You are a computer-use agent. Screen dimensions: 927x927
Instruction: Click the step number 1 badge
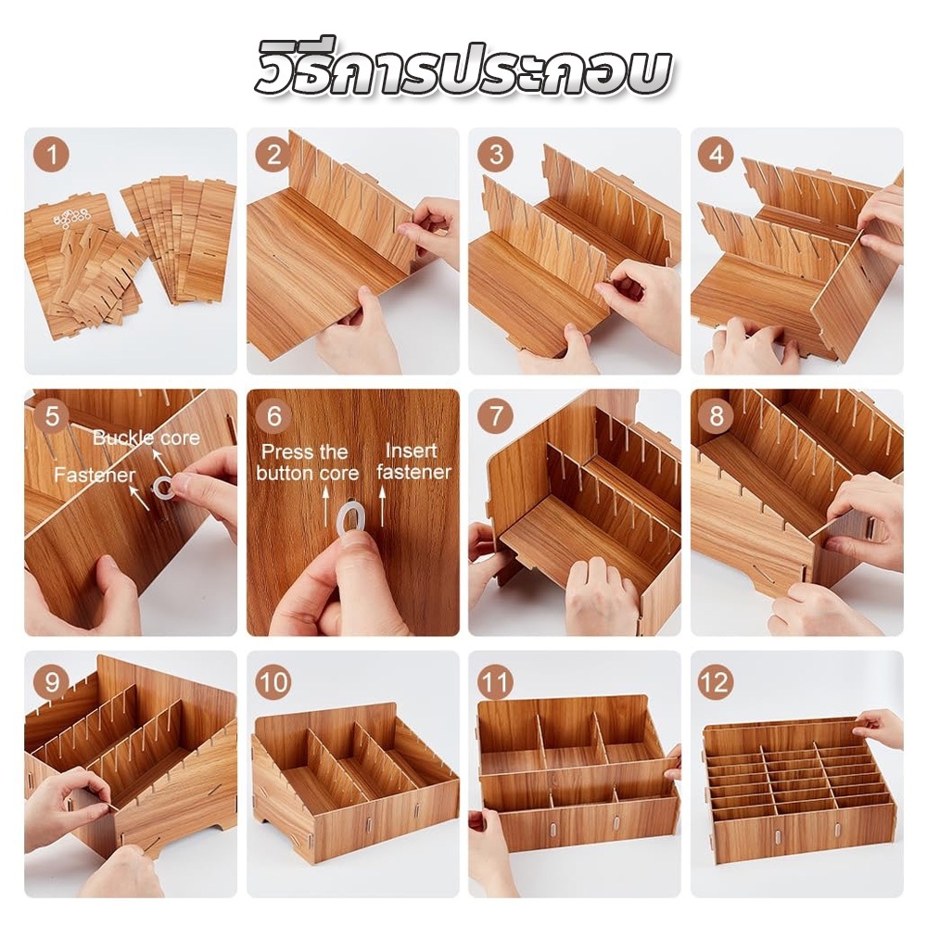[51, 155]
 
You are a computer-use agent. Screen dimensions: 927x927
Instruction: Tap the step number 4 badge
[717, 155]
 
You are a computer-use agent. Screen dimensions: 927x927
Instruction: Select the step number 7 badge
[495, 415]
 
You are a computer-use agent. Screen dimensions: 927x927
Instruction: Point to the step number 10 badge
[273, 681]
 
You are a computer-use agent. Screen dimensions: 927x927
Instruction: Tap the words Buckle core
[146, 438]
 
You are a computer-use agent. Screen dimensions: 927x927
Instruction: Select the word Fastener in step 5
[95, 474]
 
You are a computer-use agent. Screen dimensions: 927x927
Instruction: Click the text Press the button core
[308, 463]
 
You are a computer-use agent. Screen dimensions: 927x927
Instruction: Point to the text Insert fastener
[413, 461]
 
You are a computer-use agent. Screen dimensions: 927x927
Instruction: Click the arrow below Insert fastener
[382, 506]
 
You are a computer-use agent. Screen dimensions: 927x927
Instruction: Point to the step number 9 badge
[52, 681]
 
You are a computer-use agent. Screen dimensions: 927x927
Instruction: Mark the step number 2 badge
[273, 155]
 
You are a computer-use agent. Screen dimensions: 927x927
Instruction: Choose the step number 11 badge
[495, 681]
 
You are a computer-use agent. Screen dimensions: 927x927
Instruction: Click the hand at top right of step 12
[880, 727]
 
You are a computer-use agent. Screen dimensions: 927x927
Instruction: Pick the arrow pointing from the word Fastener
[140, 498]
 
